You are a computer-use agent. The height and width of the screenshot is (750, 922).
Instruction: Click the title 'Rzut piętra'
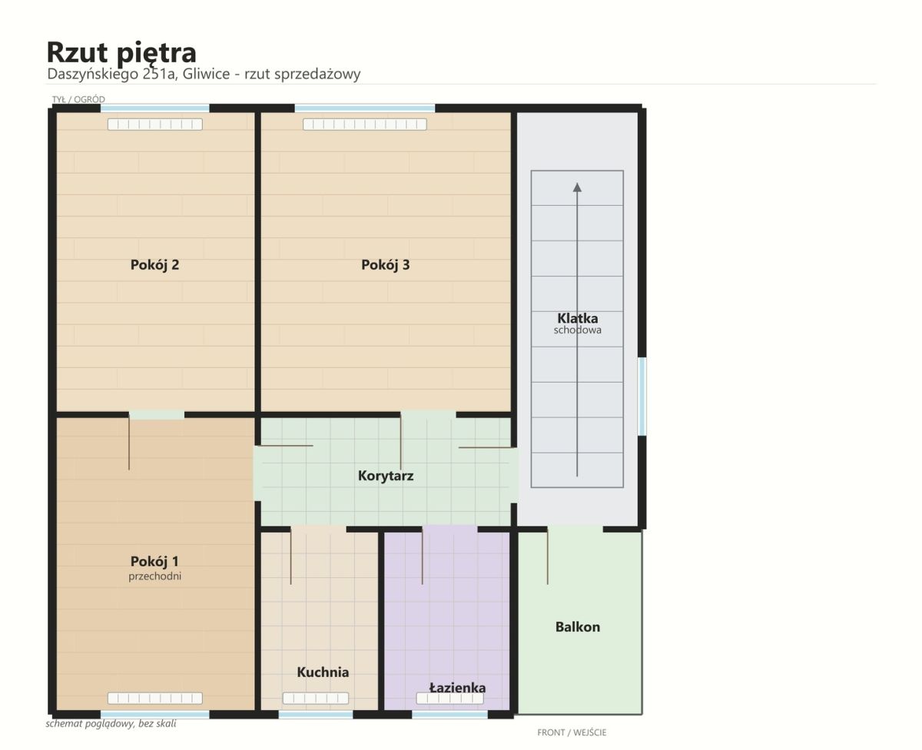click(121, 53)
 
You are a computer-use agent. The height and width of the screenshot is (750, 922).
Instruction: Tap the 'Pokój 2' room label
click(154, 265)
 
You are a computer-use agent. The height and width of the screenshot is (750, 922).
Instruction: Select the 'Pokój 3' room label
click(385, 265)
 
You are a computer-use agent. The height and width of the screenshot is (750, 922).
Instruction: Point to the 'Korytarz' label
click(385, 476)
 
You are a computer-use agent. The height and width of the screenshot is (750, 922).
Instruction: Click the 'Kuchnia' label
click(323, 672)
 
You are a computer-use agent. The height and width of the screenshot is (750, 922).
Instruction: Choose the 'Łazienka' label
click(457, 687)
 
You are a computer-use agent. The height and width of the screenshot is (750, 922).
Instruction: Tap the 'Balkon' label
click(578, 627)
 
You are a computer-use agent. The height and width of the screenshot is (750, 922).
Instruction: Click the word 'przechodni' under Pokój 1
click(154, 576)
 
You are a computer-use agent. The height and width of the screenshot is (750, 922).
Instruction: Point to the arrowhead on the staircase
click(577, 187)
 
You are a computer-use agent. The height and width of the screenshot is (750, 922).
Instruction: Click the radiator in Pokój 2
click(155, 124)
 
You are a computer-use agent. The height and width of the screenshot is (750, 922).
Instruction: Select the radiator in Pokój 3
click(364, 124)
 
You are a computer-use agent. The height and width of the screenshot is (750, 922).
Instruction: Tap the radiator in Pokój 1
click(155, 698)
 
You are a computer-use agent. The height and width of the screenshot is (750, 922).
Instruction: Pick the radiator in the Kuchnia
click(316, 698)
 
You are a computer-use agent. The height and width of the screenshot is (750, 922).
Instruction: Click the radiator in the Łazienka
click(449, 699)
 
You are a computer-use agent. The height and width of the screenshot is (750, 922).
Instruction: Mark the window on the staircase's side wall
click(643, 397)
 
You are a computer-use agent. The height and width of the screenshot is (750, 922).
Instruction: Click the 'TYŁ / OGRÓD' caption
click(78, 100)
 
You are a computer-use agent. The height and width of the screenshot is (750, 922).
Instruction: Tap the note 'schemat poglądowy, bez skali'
click(111, 723)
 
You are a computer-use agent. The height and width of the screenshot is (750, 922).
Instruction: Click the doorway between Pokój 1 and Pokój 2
click(157, 415)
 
